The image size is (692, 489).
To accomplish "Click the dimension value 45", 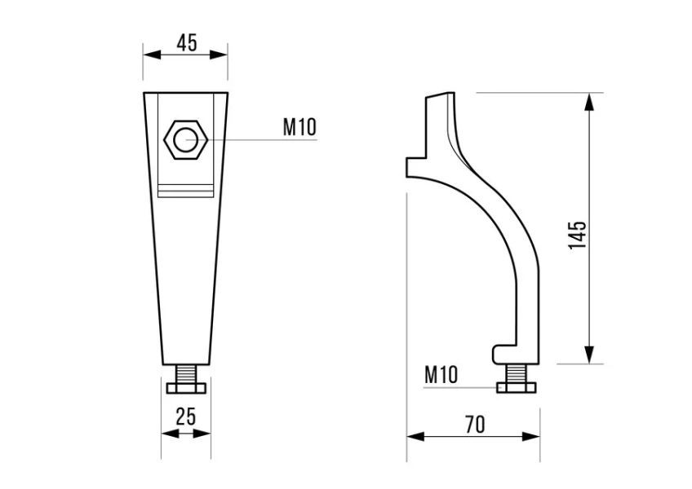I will (186, 42).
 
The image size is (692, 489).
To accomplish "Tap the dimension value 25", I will (186, 416).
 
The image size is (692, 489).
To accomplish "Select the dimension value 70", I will (474, 424).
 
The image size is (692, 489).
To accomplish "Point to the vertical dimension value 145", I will (578, 235).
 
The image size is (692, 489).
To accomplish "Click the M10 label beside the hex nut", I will (299, 126).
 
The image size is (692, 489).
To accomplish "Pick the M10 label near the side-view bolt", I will (441, 375).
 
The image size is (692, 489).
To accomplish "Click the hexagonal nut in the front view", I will (186, 139).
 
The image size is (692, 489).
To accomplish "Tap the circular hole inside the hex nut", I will (186, 139).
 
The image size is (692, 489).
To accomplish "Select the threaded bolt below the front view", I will (186, 375).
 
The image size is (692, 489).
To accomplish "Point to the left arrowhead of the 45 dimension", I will (149, 55).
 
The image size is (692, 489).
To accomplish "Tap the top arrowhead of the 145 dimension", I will (589, 99).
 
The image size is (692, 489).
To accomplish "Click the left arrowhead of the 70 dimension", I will (413, 436).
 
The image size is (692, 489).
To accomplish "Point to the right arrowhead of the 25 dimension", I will (206, 434).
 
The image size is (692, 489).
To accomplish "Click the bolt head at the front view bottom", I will (186, 388).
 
